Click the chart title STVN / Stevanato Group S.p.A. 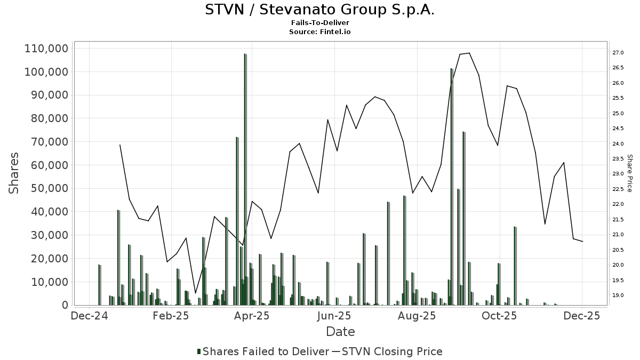319,10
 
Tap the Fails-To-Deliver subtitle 320,23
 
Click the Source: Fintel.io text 320,32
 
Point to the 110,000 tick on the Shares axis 46,49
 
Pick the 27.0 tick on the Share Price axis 619,53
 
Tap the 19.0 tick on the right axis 619,295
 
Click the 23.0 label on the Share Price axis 619,174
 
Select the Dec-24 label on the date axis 90,316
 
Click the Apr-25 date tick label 252,316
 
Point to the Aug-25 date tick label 417,316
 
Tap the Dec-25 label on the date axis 582,316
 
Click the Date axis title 340,332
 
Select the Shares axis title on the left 14,173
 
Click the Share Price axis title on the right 629,173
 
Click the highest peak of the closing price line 469,53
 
